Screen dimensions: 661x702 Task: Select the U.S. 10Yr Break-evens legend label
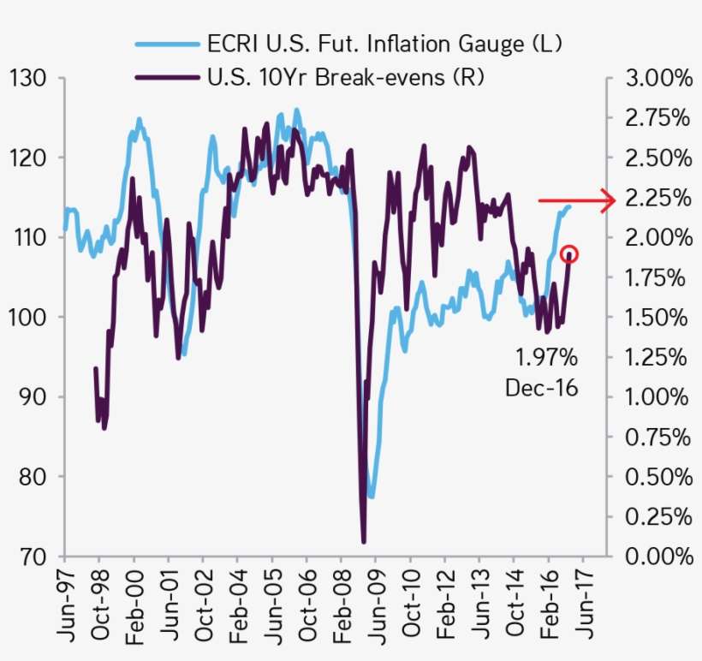tap(347, 78)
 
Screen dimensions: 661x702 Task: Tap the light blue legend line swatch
tap(167, 43)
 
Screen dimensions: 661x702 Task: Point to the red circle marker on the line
tap(569, 254)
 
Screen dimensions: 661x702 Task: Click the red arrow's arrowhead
tap(609, 200)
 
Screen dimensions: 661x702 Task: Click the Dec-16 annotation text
tap(541, 387)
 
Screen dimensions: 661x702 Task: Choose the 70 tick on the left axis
tap(31, 557)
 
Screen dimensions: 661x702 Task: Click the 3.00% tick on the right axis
tap(658, 78)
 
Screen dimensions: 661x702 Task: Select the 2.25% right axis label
tap(658, 198)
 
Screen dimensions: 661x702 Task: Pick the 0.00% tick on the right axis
tap(658, 557)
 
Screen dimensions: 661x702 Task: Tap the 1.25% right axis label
tap(658, 357)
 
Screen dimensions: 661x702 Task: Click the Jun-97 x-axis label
tap(66, 604)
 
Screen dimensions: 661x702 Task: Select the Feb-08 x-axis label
tap(342, 604)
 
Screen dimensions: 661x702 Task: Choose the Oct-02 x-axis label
tap(204, 604)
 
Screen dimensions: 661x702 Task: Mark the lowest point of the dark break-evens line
tap(364, 541)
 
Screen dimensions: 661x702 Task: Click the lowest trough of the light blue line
tap(372, 496)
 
